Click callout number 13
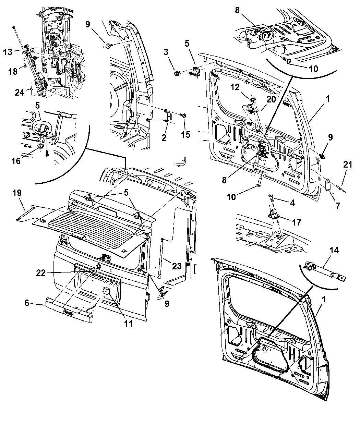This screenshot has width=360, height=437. click(8, 52)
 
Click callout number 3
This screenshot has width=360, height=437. click(166, 52)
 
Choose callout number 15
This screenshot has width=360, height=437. click(185, 135)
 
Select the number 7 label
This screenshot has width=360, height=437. click(338, 206)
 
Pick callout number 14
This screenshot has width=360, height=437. click(334, 251)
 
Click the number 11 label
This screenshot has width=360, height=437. click(128, 323)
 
